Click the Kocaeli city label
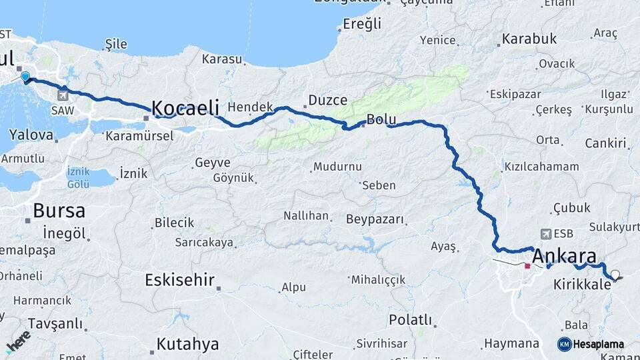pyautogui.click(x=185, y=108)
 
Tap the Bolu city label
pyautogui.click(x=381, y=120)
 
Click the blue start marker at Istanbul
pyautogui.click(x=25, y=77)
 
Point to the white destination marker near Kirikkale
pyautogui.click(x=614, y=274)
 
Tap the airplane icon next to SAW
pyautogui.click(x=63, y=94)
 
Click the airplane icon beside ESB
pyautogui.click(x=547, y=234)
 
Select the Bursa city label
pyautogui.click(x=59, y=211)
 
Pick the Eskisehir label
pyautogui.click(x=179, y=280)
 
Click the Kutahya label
pyautogui.click(x=187, y=344)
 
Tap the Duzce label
pyautogui.click(x=327, y=101)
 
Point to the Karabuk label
pyautogui.click(x=529, y=39)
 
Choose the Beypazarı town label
pyautogui.click(x=375, y=219)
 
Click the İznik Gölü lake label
pyautogui.click(x=79, y=177)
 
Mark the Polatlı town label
pyautogui.click(x=411, y=319)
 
